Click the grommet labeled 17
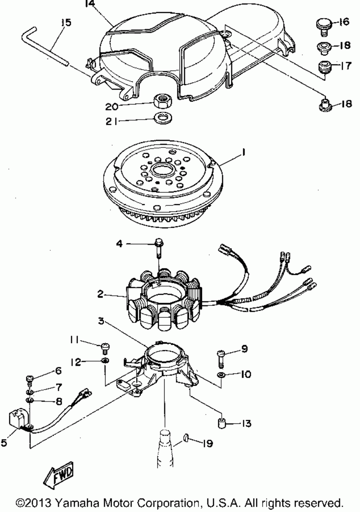(x=325, y=67)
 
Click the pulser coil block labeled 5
(x=18, y=420)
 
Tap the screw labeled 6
(x=30, y=379)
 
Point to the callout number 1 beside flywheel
(x=243, y=153)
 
